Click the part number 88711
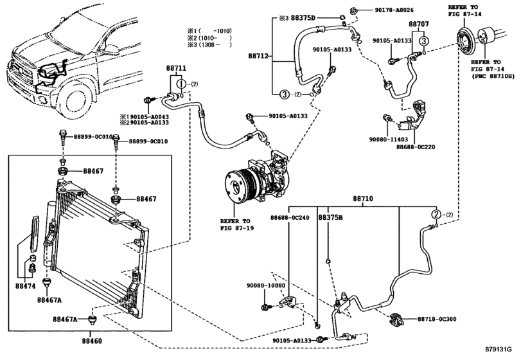pyautogui.click(x=176, y=69)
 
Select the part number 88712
pyautogui.click(x=258, y=56)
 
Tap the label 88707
pyautogui.click(x=419, y=24)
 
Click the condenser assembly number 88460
pyautogui.click(x=92, y=341)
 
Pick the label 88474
pyautogui.click(x=25, y=286)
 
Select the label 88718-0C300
pyautogui.click(x=437, y=319)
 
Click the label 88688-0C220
pyautogui.click(x=416, y=147)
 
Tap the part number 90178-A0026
pyautogui.click(x=394, y=10)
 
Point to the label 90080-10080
pyautogui.click(x=266, y=285)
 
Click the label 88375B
pyautogui.click(x=331, y=218)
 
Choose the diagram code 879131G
pyautogui.click(x=502, y=350)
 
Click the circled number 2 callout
pyautogui.click(x=436, y=215)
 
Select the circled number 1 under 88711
pyautogui.click(x=181, y=84)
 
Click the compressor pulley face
pyautogui.click(x=236, y=187)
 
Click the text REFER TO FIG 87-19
pyautogui.click(x=236, y=225)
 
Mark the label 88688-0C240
pyautogui.click(x=290, y=218)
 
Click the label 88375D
pyautogui.click(x=303, y=17)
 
